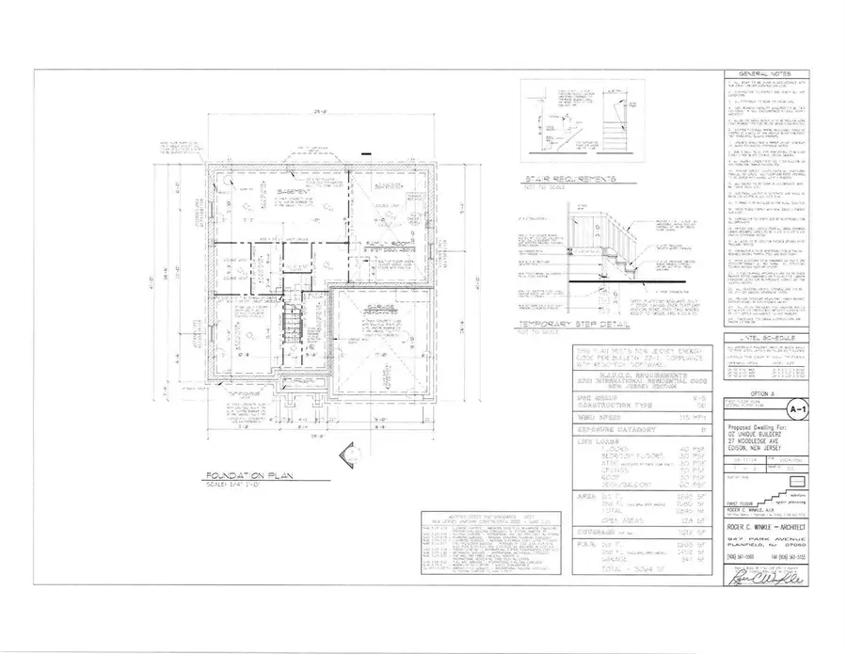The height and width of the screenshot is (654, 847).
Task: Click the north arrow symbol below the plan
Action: click(350, 459)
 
